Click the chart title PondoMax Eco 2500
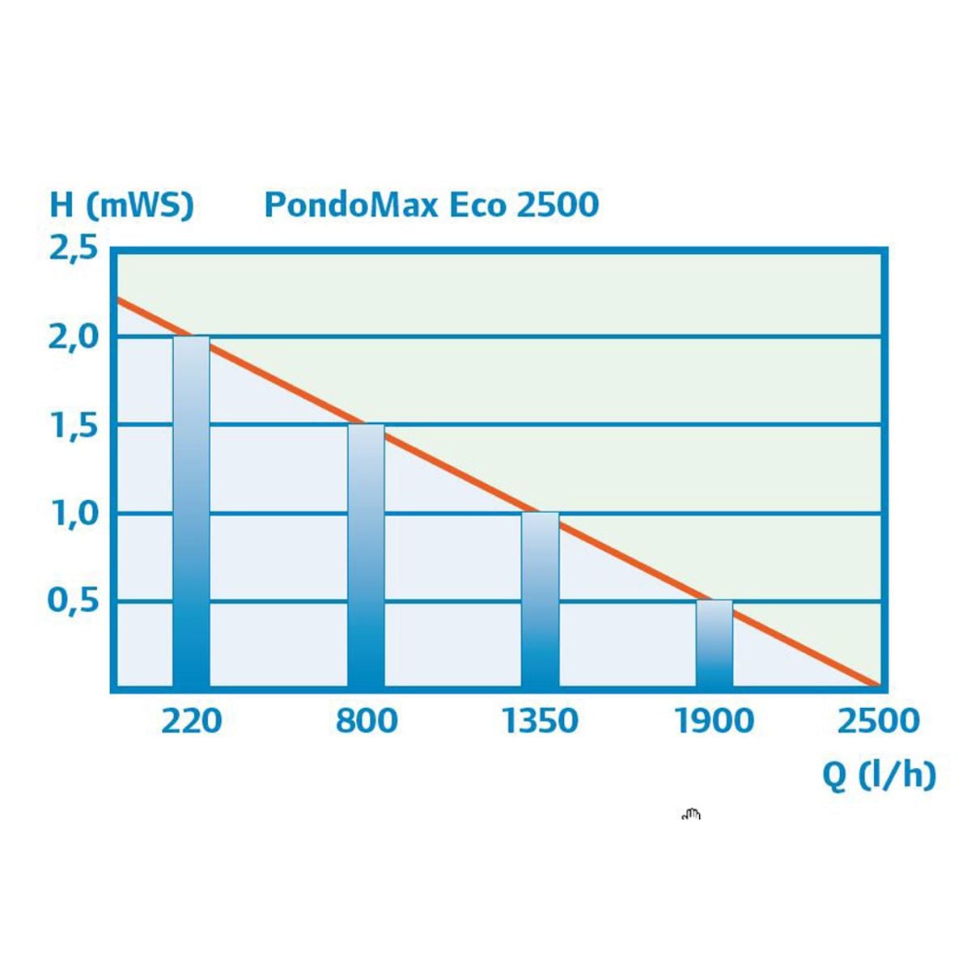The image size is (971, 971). point(431,204)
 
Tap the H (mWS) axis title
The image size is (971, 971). point(121,204)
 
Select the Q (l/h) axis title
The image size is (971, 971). point(879,774)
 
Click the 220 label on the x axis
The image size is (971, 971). point(191,720)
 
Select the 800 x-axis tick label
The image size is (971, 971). point(367,720)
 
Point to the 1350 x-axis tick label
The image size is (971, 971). point(541,720)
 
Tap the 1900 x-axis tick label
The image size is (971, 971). point(714,720)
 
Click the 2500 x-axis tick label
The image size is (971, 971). point(878,720)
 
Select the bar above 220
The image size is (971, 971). point(191,518)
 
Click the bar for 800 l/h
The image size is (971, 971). point(366,558)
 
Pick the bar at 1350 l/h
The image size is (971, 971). point(540,603)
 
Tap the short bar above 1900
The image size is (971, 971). point(714,646)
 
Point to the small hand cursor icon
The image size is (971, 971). point(691,815)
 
